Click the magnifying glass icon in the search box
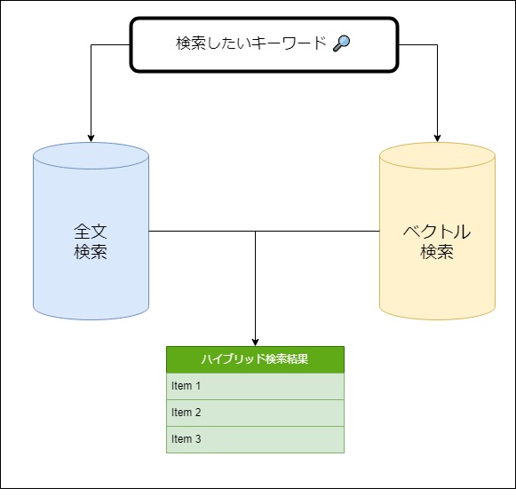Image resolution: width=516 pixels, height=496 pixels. click(342, 43)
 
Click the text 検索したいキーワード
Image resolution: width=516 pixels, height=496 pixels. click(251, 43)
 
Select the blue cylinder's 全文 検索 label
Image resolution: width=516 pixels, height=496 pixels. click(91, 241)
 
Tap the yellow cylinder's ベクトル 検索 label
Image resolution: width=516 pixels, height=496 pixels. click(437, 241)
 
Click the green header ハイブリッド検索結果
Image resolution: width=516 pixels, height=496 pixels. click(255, 359)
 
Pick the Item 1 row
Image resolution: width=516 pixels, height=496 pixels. click(255, 386)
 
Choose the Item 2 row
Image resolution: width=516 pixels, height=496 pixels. click(255, 413)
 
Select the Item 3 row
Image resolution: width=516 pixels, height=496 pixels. click(255, 440)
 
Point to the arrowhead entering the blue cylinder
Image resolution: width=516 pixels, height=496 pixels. click(91, 138)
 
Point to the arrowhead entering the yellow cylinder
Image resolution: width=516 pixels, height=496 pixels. click(437, 138)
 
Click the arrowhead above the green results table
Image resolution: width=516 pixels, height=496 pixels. click(255, 342)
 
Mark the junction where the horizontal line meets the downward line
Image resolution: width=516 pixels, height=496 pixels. click(255, 231)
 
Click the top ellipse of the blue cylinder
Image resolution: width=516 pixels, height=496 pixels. click(91, 156)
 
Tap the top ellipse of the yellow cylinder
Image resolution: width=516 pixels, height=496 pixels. click(437, 156)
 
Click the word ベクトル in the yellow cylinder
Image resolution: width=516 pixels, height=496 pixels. click(437, 232)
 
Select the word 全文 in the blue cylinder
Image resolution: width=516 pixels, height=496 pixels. click(91, 232)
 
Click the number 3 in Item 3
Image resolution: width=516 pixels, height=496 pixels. click(198, 439)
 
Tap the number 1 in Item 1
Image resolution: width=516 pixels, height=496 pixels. click(198, 386)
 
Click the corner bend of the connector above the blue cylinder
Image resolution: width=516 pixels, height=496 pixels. click(91, 44)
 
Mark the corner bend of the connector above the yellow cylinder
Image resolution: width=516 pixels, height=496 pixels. click(437, 44)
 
